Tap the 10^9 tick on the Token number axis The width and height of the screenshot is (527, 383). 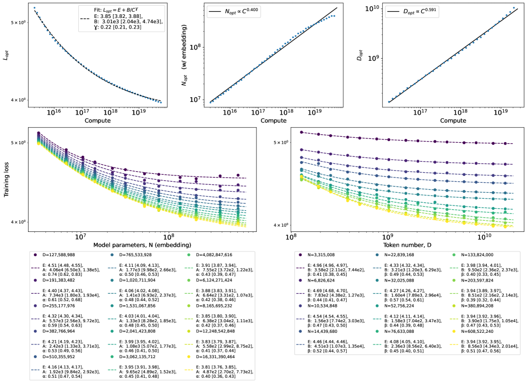(387, 236)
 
